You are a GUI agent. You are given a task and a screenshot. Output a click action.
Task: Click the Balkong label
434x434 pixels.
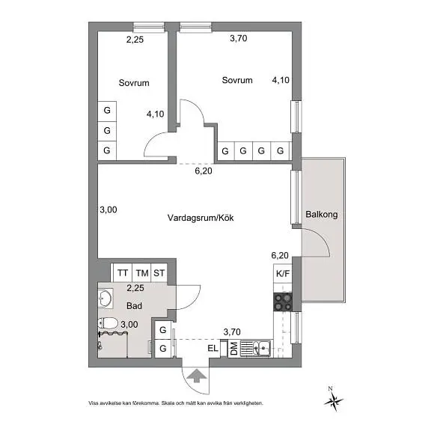(x=321, y=215)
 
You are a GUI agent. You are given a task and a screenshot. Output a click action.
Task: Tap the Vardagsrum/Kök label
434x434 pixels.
(x=201, y=218)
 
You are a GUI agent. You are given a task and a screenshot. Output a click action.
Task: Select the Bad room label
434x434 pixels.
(x=134, y=306)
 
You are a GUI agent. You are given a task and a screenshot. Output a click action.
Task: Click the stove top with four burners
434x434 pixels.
(x=283, y=302)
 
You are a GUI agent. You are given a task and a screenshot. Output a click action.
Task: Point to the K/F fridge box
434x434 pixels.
(x=283, y=273)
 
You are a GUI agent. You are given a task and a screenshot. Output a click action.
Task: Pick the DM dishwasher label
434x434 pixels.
(x=234, y=349)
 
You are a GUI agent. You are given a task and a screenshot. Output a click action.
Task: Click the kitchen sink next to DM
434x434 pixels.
(x=262, y=348)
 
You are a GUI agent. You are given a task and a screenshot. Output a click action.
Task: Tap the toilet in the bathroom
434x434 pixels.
(x=108, y=323)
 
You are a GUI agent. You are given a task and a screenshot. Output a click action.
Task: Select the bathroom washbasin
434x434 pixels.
(x=106, y=299)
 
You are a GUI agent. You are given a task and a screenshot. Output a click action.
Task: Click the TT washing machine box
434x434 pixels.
(x=123, y=273)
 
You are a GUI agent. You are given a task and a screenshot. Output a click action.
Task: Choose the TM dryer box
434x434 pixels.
(x=141, y=273)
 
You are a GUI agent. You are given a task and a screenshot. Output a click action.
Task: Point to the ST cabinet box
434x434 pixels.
(x=159, y=273)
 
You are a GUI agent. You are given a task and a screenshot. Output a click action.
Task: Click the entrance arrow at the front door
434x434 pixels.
(x=197, y=376)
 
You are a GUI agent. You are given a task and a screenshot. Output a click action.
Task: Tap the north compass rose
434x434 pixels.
(x=333, y=400)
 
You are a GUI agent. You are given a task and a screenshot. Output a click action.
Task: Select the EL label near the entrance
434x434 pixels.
(x=213, y=348)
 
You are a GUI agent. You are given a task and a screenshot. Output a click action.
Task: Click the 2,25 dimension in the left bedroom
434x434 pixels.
(x=135, y=40)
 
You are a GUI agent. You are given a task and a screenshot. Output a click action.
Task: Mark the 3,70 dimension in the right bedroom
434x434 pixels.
(x=238, y=38)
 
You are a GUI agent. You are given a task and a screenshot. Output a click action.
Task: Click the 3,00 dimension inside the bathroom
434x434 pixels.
(x=129, y=325)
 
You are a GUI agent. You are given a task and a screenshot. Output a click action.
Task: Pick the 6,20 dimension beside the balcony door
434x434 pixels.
(x=280, y=255)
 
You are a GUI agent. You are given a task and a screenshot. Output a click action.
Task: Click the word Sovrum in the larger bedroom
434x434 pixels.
(x=237, y=80)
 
